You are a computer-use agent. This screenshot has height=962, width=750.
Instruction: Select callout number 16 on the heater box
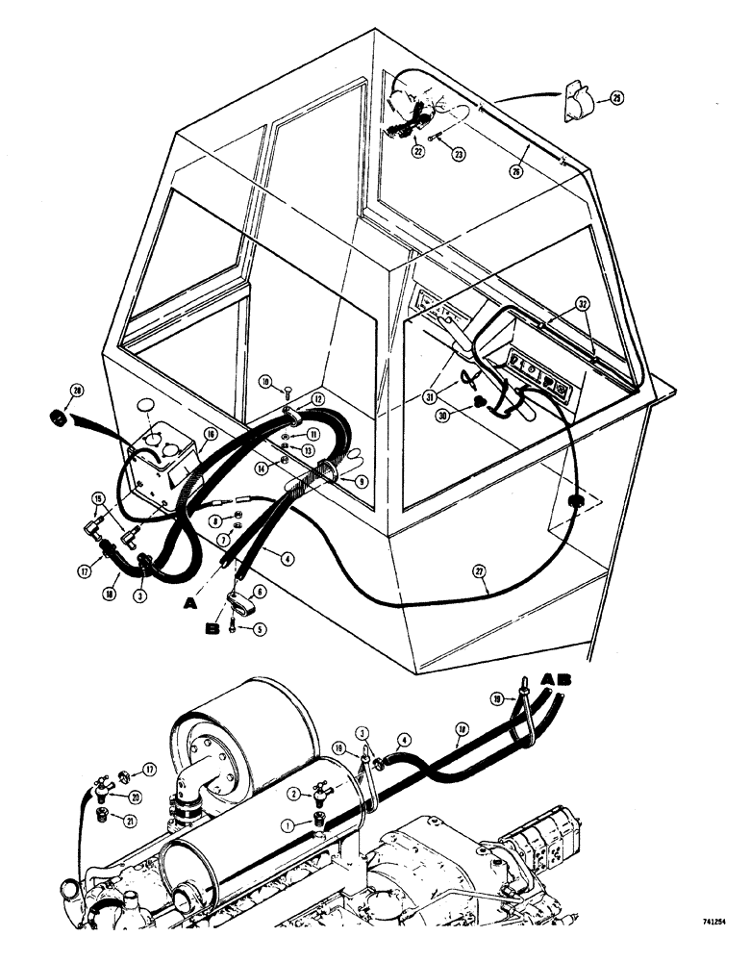pyautogui.click(x=209, y=435)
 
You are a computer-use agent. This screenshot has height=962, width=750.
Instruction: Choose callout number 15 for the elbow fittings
pyautogui.click(x=97, y=498)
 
